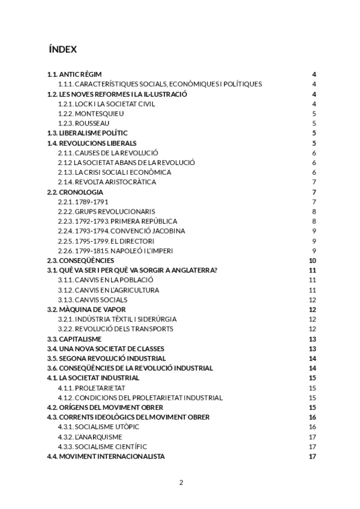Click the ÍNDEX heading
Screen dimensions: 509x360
pos(62,49)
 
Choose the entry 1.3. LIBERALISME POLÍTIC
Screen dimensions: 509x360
pos(88,133)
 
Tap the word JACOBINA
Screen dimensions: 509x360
pos(164,230)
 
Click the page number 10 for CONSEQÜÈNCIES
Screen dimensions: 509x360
pos(312,261)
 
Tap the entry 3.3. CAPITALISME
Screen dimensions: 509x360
pos(74,339)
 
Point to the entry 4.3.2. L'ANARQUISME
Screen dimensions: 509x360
pos(90,436)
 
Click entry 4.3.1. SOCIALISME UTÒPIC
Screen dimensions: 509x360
pos(98,427)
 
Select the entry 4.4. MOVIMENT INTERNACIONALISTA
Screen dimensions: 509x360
pos(106,456)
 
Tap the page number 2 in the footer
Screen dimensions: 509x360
pos(181,482)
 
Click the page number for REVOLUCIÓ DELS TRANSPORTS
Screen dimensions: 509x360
pos(312,329)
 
